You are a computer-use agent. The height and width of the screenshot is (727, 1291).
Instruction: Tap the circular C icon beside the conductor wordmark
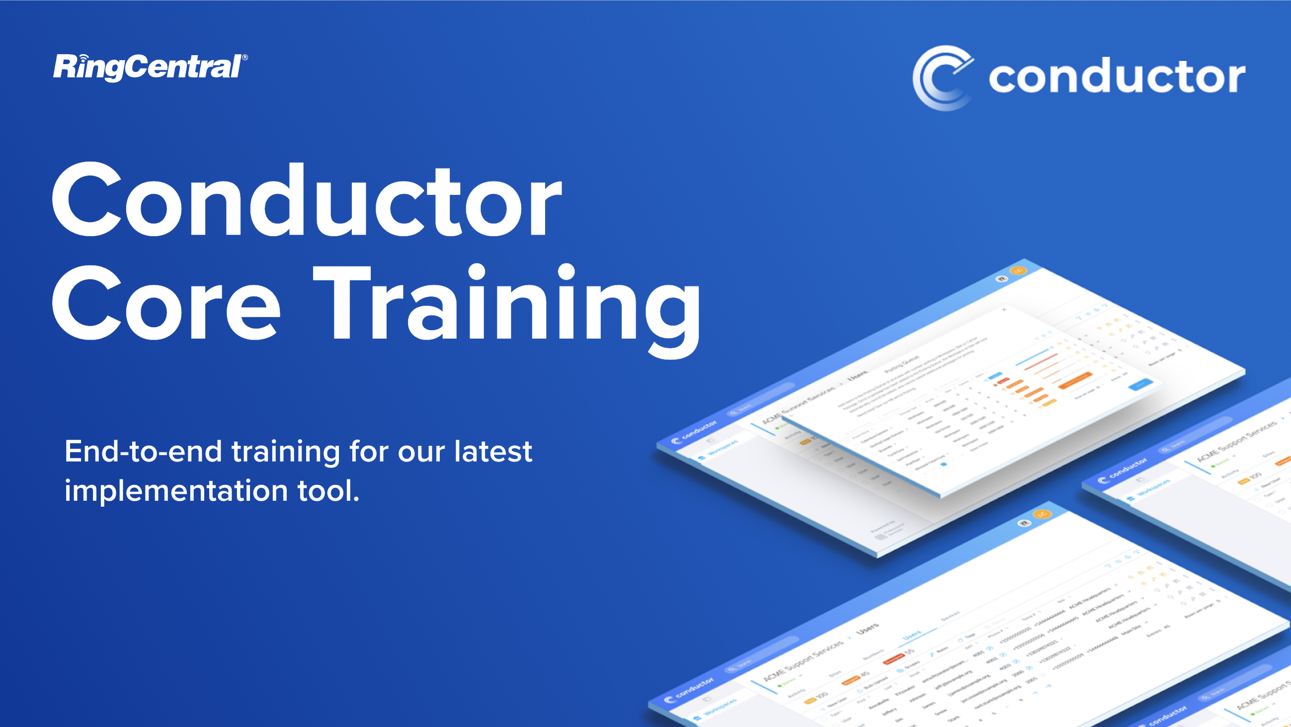942,78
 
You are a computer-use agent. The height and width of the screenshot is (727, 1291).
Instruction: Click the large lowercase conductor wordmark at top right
1117,78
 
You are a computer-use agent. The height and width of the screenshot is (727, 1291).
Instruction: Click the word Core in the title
165,303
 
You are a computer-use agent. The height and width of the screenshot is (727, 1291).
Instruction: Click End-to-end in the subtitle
143,451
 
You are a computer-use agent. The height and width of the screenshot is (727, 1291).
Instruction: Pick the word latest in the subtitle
493,451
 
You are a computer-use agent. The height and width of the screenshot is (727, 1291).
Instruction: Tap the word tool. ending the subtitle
329,490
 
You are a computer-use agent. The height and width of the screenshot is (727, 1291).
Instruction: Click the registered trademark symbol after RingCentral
244,58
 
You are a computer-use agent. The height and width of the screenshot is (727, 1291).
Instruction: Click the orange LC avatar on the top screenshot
1018,271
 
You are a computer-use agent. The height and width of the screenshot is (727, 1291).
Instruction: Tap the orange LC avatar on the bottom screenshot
1043,514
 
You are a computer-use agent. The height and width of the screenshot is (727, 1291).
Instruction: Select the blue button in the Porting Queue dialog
1140,385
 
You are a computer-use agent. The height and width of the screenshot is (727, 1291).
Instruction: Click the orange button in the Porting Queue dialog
1075,379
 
